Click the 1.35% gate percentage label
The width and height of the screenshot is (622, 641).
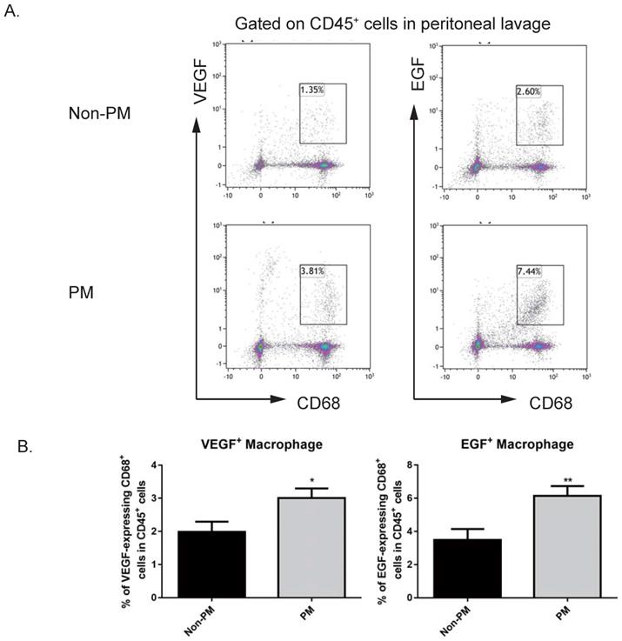click(311, 90)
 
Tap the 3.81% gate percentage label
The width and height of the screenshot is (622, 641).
click(312, 270)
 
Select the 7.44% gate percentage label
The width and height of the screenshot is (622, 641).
click(530, 271)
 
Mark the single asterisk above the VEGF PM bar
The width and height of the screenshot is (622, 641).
click(311, 478)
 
